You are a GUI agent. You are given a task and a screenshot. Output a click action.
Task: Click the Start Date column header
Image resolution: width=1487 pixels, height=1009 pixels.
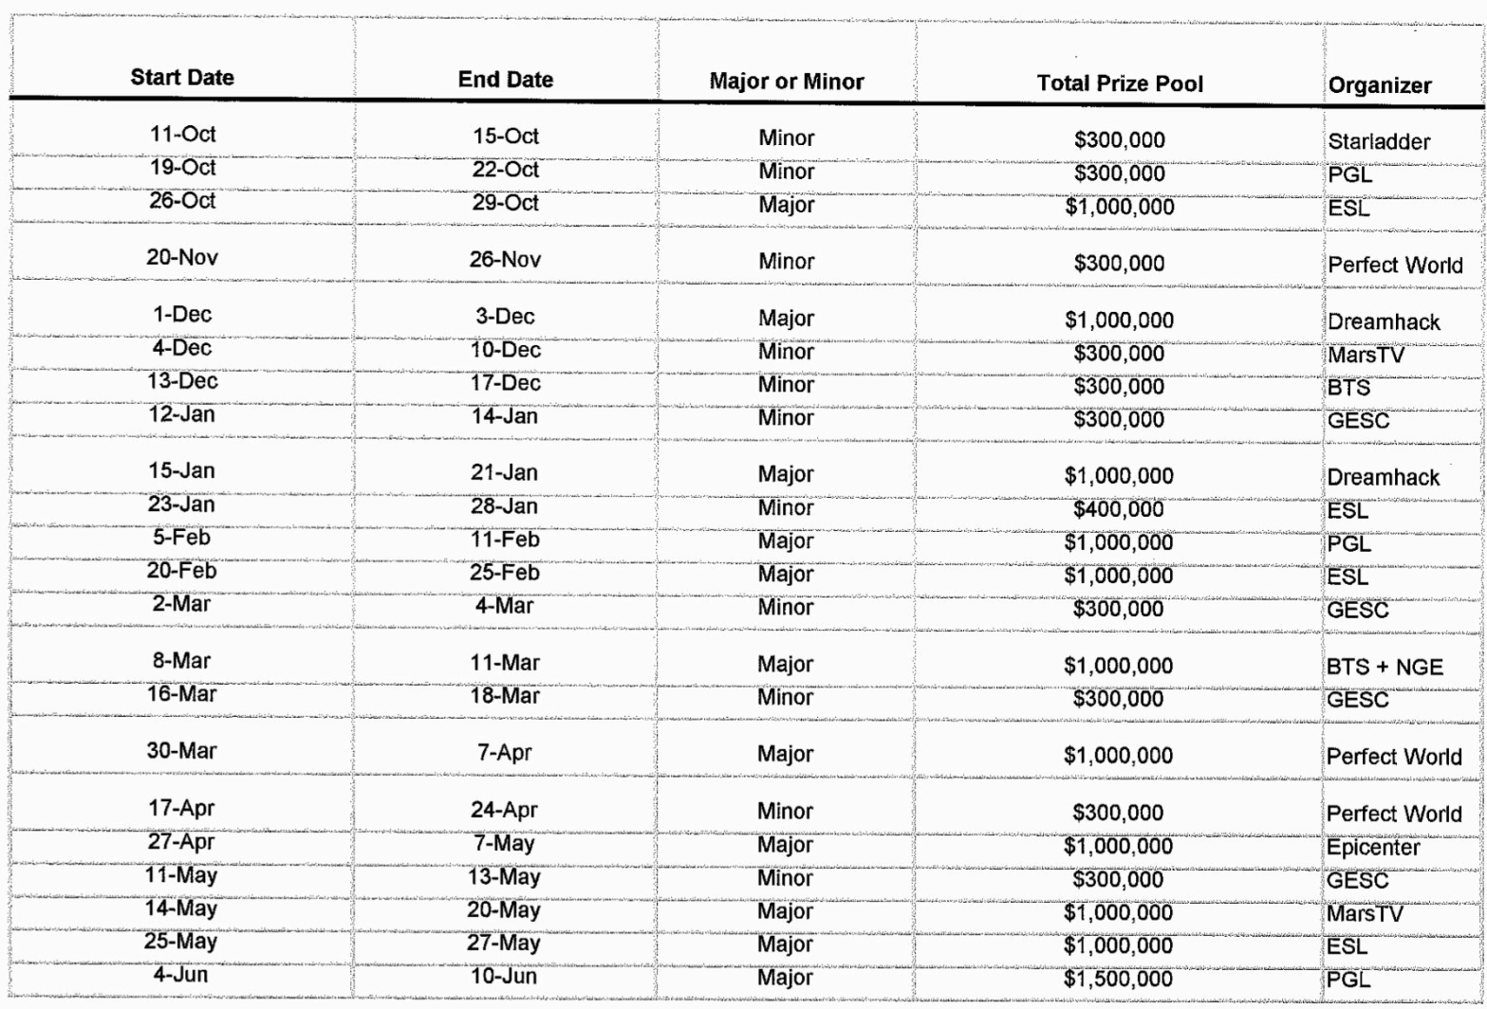pyautogui.click(x=182, y=78)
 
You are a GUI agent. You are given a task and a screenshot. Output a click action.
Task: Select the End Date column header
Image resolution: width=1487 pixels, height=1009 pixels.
pyautogui.click(x=505, y=80)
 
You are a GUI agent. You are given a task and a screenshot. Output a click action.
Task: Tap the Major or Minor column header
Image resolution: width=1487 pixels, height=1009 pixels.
pyautogui.click(x=787, y=82)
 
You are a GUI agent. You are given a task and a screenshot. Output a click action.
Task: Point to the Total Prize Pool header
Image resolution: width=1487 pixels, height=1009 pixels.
pyautogui.click(x=1120, y=83)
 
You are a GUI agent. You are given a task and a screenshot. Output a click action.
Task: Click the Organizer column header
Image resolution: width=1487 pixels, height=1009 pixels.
pyautogui.click(x=1380, y=85)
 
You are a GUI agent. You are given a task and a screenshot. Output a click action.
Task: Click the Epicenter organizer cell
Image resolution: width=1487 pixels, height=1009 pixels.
pyautogui.click(x=1373, y=847)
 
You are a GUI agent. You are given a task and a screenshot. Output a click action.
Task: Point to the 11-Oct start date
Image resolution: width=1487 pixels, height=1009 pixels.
pyautogui.click(x=183, y=134)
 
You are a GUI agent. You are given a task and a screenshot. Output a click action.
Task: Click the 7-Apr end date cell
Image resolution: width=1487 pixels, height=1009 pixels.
pyautogui.click(x=505, y=754)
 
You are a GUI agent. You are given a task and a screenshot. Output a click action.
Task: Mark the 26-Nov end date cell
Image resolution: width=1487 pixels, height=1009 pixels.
pyautogui.click(x=505, y=260)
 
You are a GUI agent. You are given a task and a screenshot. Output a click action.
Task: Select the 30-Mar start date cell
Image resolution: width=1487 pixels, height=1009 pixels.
pyautogui.click(x=183, y=751)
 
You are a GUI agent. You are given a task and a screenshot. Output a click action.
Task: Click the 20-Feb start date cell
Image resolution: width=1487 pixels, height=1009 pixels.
pyautogui.click(x=183, y=570)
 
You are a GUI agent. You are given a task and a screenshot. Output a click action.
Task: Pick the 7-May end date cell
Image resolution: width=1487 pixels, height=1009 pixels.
pyautogui.click(x=505, y=843)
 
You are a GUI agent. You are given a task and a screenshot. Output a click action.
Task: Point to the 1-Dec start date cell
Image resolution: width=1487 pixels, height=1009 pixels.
pyautogui.click(x=183, y=315)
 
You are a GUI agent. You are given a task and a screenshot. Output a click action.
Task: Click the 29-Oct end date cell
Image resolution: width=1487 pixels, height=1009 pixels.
pyautogui.click(x=505, y=203)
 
